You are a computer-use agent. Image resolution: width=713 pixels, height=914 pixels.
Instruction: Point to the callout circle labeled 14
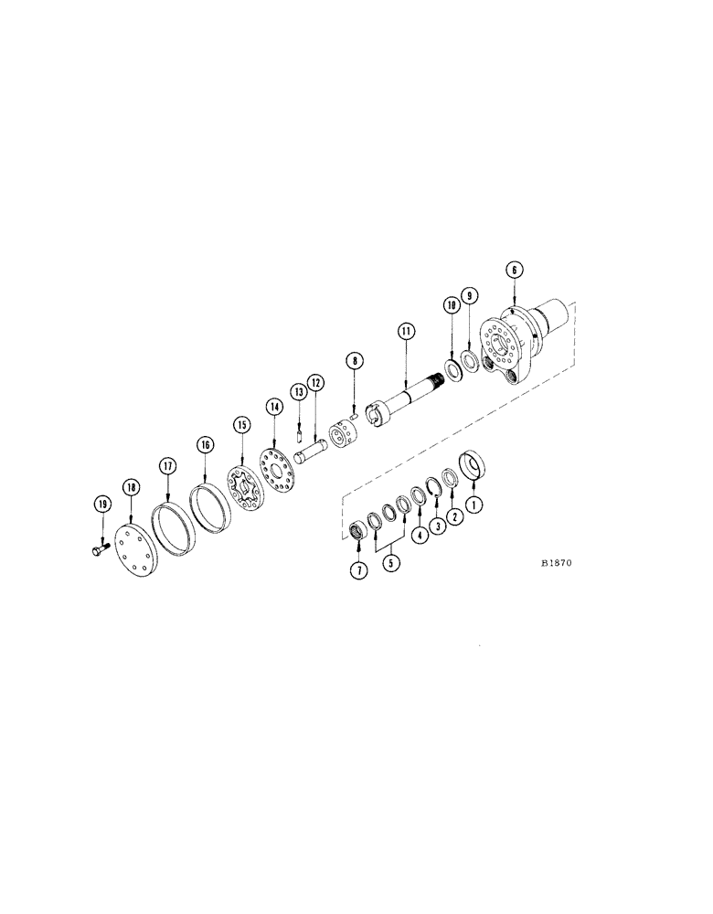(273, 405)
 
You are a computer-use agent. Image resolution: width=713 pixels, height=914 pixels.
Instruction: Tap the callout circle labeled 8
(354, 362)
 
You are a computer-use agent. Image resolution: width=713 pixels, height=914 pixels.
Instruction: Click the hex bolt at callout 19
(100, 547)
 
